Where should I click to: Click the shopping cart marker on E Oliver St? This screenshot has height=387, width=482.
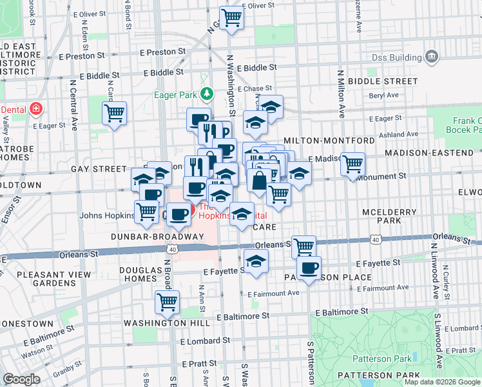point(231,17)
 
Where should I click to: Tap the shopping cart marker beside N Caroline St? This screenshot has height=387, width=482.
point(114,114)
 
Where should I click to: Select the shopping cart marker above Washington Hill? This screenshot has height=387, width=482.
point(168,301)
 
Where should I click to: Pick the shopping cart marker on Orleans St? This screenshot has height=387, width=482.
point(303,246)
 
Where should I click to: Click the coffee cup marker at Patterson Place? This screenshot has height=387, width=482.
point(309,268)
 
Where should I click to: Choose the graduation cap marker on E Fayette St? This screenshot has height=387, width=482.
point(256,261)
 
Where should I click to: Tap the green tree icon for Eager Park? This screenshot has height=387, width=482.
point(206,95)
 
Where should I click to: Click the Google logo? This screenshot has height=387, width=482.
point(21,379)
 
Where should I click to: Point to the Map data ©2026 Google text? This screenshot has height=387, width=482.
point(441,382)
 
